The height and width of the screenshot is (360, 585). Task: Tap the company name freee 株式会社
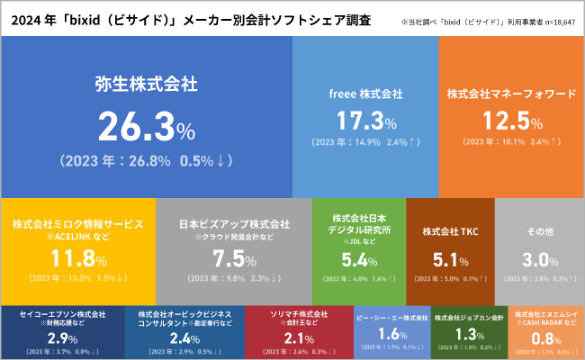(365, 94)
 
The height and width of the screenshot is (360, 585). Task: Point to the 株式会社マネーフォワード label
(511, 94)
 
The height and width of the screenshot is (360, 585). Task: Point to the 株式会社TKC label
(450, 231)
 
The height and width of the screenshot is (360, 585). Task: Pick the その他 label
(539, 231)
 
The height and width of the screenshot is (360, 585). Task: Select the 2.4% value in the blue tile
(184, 338)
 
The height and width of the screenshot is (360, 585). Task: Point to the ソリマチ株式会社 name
(300, 315)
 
